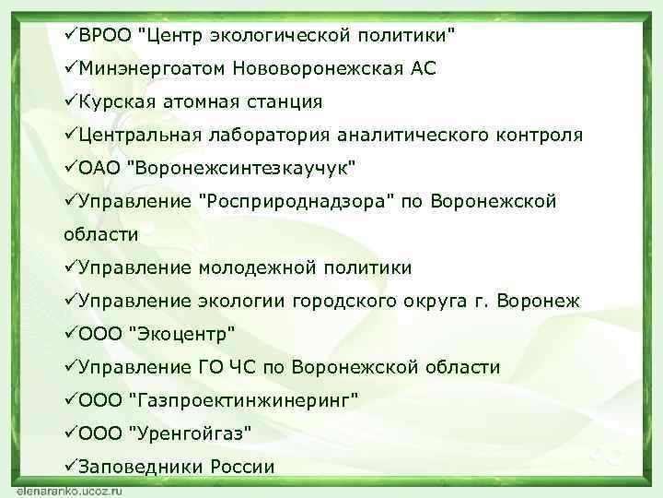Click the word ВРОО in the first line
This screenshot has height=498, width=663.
[x=104, y=35]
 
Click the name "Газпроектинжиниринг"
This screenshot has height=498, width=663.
[x=246, y=400]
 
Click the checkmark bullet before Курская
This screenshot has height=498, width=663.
[x=70, y=101]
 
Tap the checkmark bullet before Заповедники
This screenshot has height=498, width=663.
[x=70, y=467]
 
